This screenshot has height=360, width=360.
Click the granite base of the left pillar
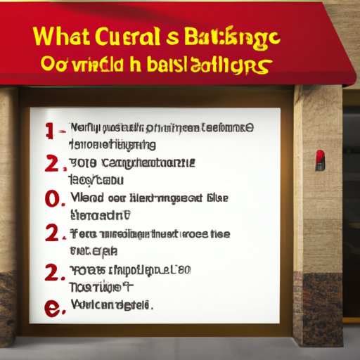tap(8, 302)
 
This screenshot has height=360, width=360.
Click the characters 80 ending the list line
tap(184, 269)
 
